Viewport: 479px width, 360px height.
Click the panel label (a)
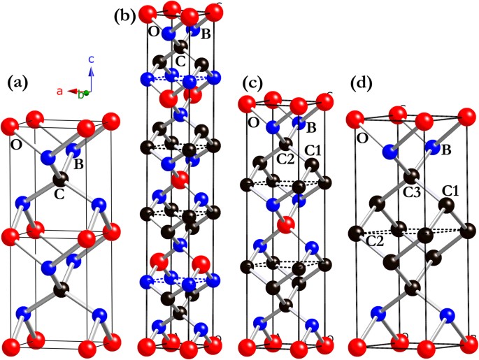coord(17,82)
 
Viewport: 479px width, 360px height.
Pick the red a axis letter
coord(61,91)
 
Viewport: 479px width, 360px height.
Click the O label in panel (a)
coord(15,145)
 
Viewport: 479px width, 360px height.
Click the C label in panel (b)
coord(180,61)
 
